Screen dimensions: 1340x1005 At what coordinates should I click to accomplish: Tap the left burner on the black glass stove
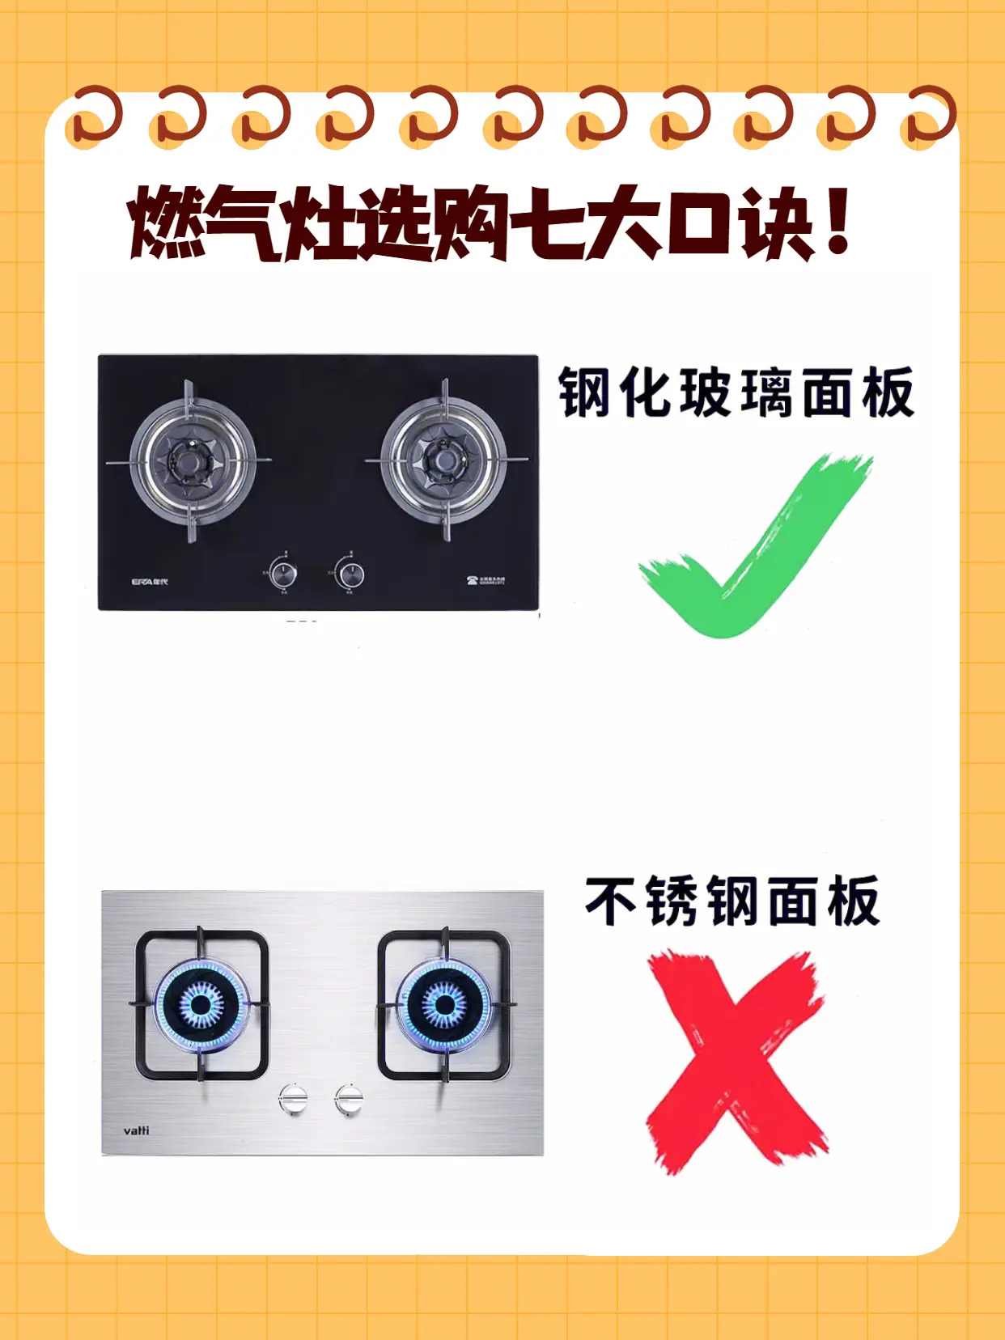click(191, 461)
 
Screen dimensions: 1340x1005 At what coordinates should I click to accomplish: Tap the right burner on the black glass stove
click(443, 461)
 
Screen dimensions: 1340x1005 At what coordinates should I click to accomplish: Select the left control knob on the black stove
click(282, 575)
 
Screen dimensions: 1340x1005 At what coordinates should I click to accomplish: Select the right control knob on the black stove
click(350, 575)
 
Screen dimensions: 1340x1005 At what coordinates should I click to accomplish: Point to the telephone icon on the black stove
click(472, 580)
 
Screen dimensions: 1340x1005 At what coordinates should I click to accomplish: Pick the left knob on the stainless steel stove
click(293, 1099)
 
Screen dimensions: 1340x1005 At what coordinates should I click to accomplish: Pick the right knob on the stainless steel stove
click(349, 1099)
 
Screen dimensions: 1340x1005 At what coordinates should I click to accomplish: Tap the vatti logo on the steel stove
click(136, 1130)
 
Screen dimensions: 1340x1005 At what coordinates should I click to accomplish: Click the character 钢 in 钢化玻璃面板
click(584, 393)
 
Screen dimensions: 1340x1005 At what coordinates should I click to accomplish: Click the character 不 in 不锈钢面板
click(611, 901)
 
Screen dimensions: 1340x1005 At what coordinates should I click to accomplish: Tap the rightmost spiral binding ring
click(929, 117)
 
